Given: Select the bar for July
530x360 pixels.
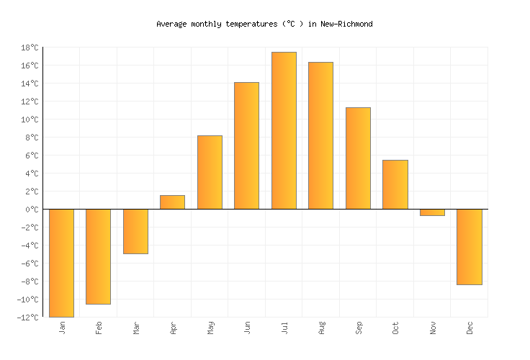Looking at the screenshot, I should [284, 130].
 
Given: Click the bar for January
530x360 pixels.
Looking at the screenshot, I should [61, 263].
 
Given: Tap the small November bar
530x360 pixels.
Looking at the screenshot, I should [432, 212].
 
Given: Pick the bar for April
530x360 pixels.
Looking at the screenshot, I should [172, 202].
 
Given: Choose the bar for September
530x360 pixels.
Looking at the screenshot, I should [358, 158].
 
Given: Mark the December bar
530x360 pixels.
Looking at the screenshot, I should [469, 247].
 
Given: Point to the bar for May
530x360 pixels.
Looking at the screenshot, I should [210, 172].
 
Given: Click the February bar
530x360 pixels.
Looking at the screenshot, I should [98, 256].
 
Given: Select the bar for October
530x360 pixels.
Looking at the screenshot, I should [395, 184].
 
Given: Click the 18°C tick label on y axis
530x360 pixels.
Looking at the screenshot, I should [30, 48].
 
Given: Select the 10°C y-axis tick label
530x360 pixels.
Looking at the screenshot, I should [30, 120].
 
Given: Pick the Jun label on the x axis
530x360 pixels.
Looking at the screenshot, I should [248, 328].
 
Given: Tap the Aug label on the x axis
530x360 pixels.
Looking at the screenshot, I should [322, 328].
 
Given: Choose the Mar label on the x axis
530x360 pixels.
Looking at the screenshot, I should [136, 328].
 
